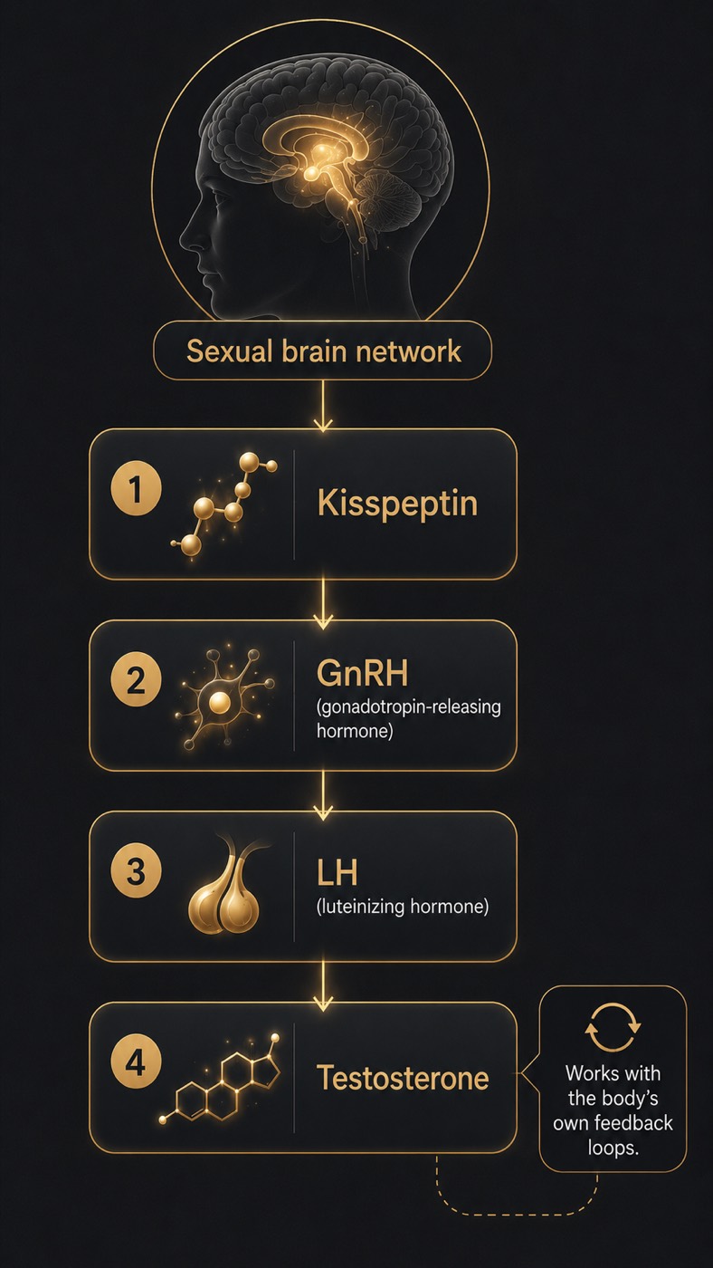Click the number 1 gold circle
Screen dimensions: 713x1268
[x=136, y=488]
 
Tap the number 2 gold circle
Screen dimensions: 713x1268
[x=136, y=679]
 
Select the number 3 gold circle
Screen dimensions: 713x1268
[x=136, y=870]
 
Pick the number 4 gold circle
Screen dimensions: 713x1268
[x=136, y=1061]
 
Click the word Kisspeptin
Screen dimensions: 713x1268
[x=397, y=504]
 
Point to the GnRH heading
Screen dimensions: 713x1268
[x=362, y=673]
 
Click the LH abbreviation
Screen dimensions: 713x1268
[x=337, y=872]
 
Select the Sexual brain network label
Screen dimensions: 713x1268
[x=323, y=351]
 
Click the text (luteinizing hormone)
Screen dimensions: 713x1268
[x=402, y=907]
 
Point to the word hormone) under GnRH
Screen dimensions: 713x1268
[x=355, y=731]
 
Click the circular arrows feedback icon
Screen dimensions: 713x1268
[x=613, y=1027]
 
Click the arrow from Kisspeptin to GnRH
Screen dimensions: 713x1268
[x=323, y=603]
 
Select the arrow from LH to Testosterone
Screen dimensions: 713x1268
[x=323, y=986]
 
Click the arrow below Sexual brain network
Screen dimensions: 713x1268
[x=323, y=406]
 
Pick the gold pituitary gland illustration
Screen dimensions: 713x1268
[x=224, y=887]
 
